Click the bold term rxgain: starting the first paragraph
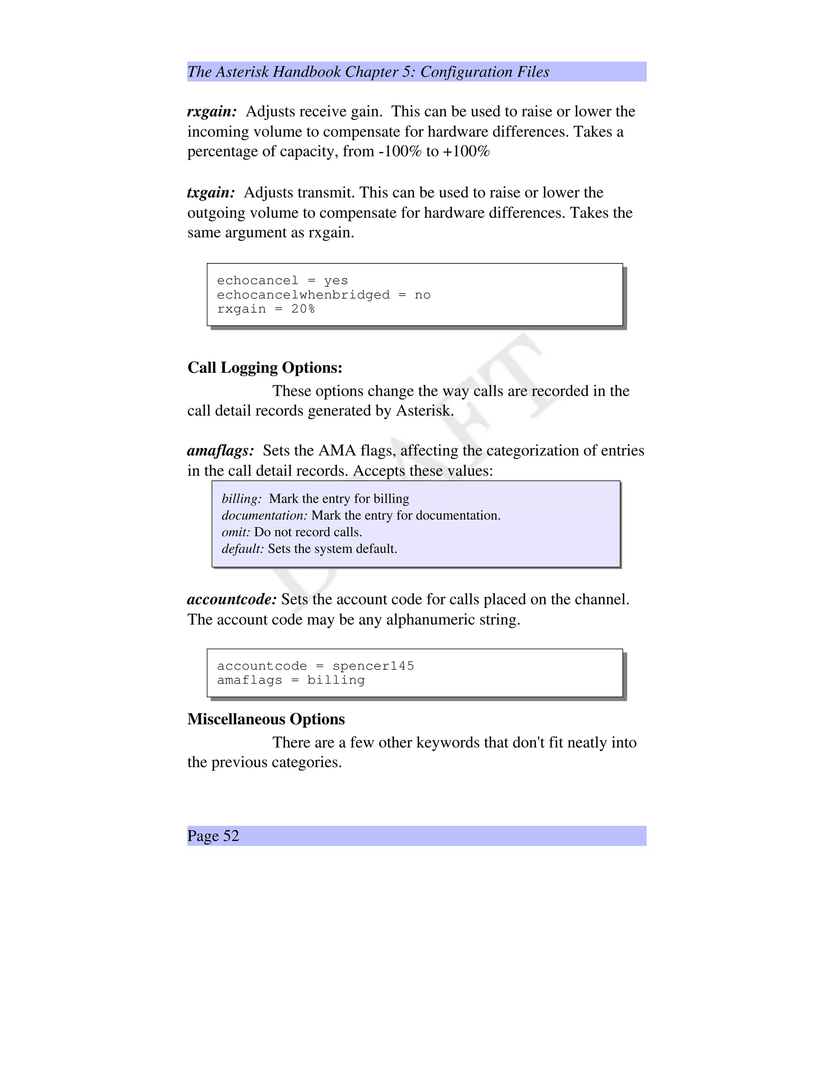[212, 112]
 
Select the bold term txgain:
[211, 193]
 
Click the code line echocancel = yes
[282, 281]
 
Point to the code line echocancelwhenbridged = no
[324, 295]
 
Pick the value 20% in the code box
[303, 309]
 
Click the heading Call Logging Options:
[265, 368]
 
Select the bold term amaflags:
[220, 451]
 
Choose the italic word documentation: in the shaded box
[264, 516]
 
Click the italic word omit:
[236, 532]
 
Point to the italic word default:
[243, 549]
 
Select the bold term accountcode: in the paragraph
[232, 599]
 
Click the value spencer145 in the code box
[373, 666]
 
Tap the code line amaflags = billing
[291, 680]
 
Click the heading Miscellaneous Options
[266, 719]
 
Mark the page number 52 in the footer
[231, 836]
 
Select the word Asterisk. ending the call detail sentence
[425, 411]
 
